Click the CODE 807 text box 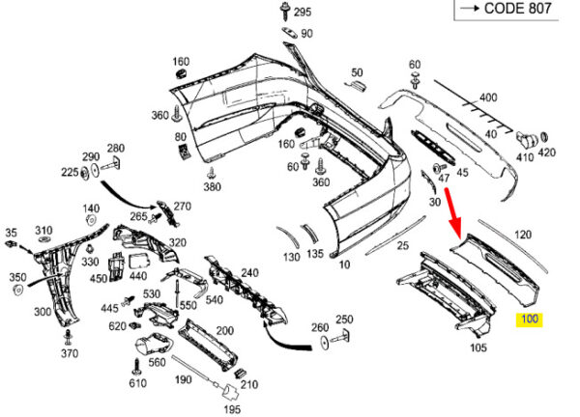(506, 10)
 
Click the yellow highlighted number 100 (530, 320)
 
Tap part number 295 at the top (303, 13)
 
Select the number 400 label (488, 97)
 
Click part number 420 (547, 153)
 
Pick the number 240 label (249, 273)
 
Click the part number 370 (69, 354)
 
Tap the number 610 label (137, 384)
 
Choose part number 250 (344, 320)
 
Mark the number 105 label (478, 347)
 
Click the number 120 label (523, 236)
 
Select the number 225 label (70, 173)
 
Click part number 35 (12, 233)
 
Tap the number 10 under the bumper (344, 263)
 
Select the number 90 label (306, 34)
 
